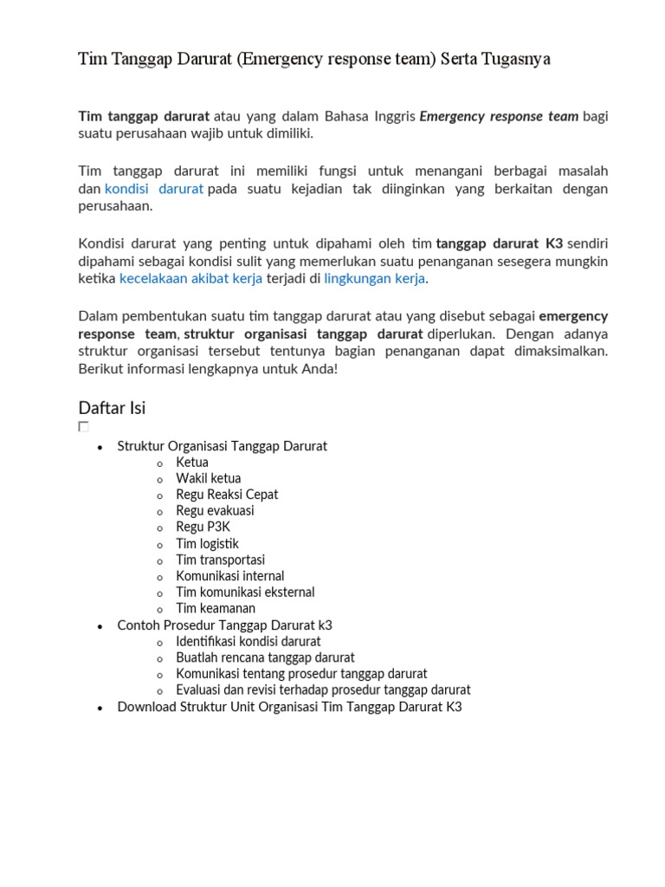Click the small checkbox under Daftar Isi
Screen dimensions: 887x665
83,426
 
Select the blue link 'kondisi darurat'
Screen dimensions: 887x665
154,189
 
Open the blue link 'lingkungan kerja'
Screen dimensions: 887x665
374,278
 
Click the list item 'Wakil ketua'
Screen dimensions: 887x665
209,478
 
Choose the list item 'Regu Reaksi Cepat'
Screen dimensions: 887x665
227,495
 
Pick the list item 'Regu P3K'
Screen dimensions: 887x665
203,527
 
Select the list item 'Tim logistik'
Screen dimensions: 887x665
207,543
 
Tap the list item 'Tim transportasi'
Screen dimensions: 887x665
221,560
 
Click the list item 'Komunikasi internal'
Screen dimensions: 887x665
230,576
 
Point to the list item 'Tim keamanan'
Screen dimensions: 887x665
216,609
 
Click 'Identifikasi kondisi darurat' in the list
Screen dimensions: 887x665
249,642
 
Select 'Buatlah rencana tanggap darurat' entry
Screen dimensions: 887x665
266,657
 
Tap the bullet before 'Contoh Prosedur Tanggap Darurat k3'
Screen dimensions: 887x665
100,626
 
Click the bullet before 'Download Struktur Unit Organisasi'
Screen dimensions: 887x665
100,708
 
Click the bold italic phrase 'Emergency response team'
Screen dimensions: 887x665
499,116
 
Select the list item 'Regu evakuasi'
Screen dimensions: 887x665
216,511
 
